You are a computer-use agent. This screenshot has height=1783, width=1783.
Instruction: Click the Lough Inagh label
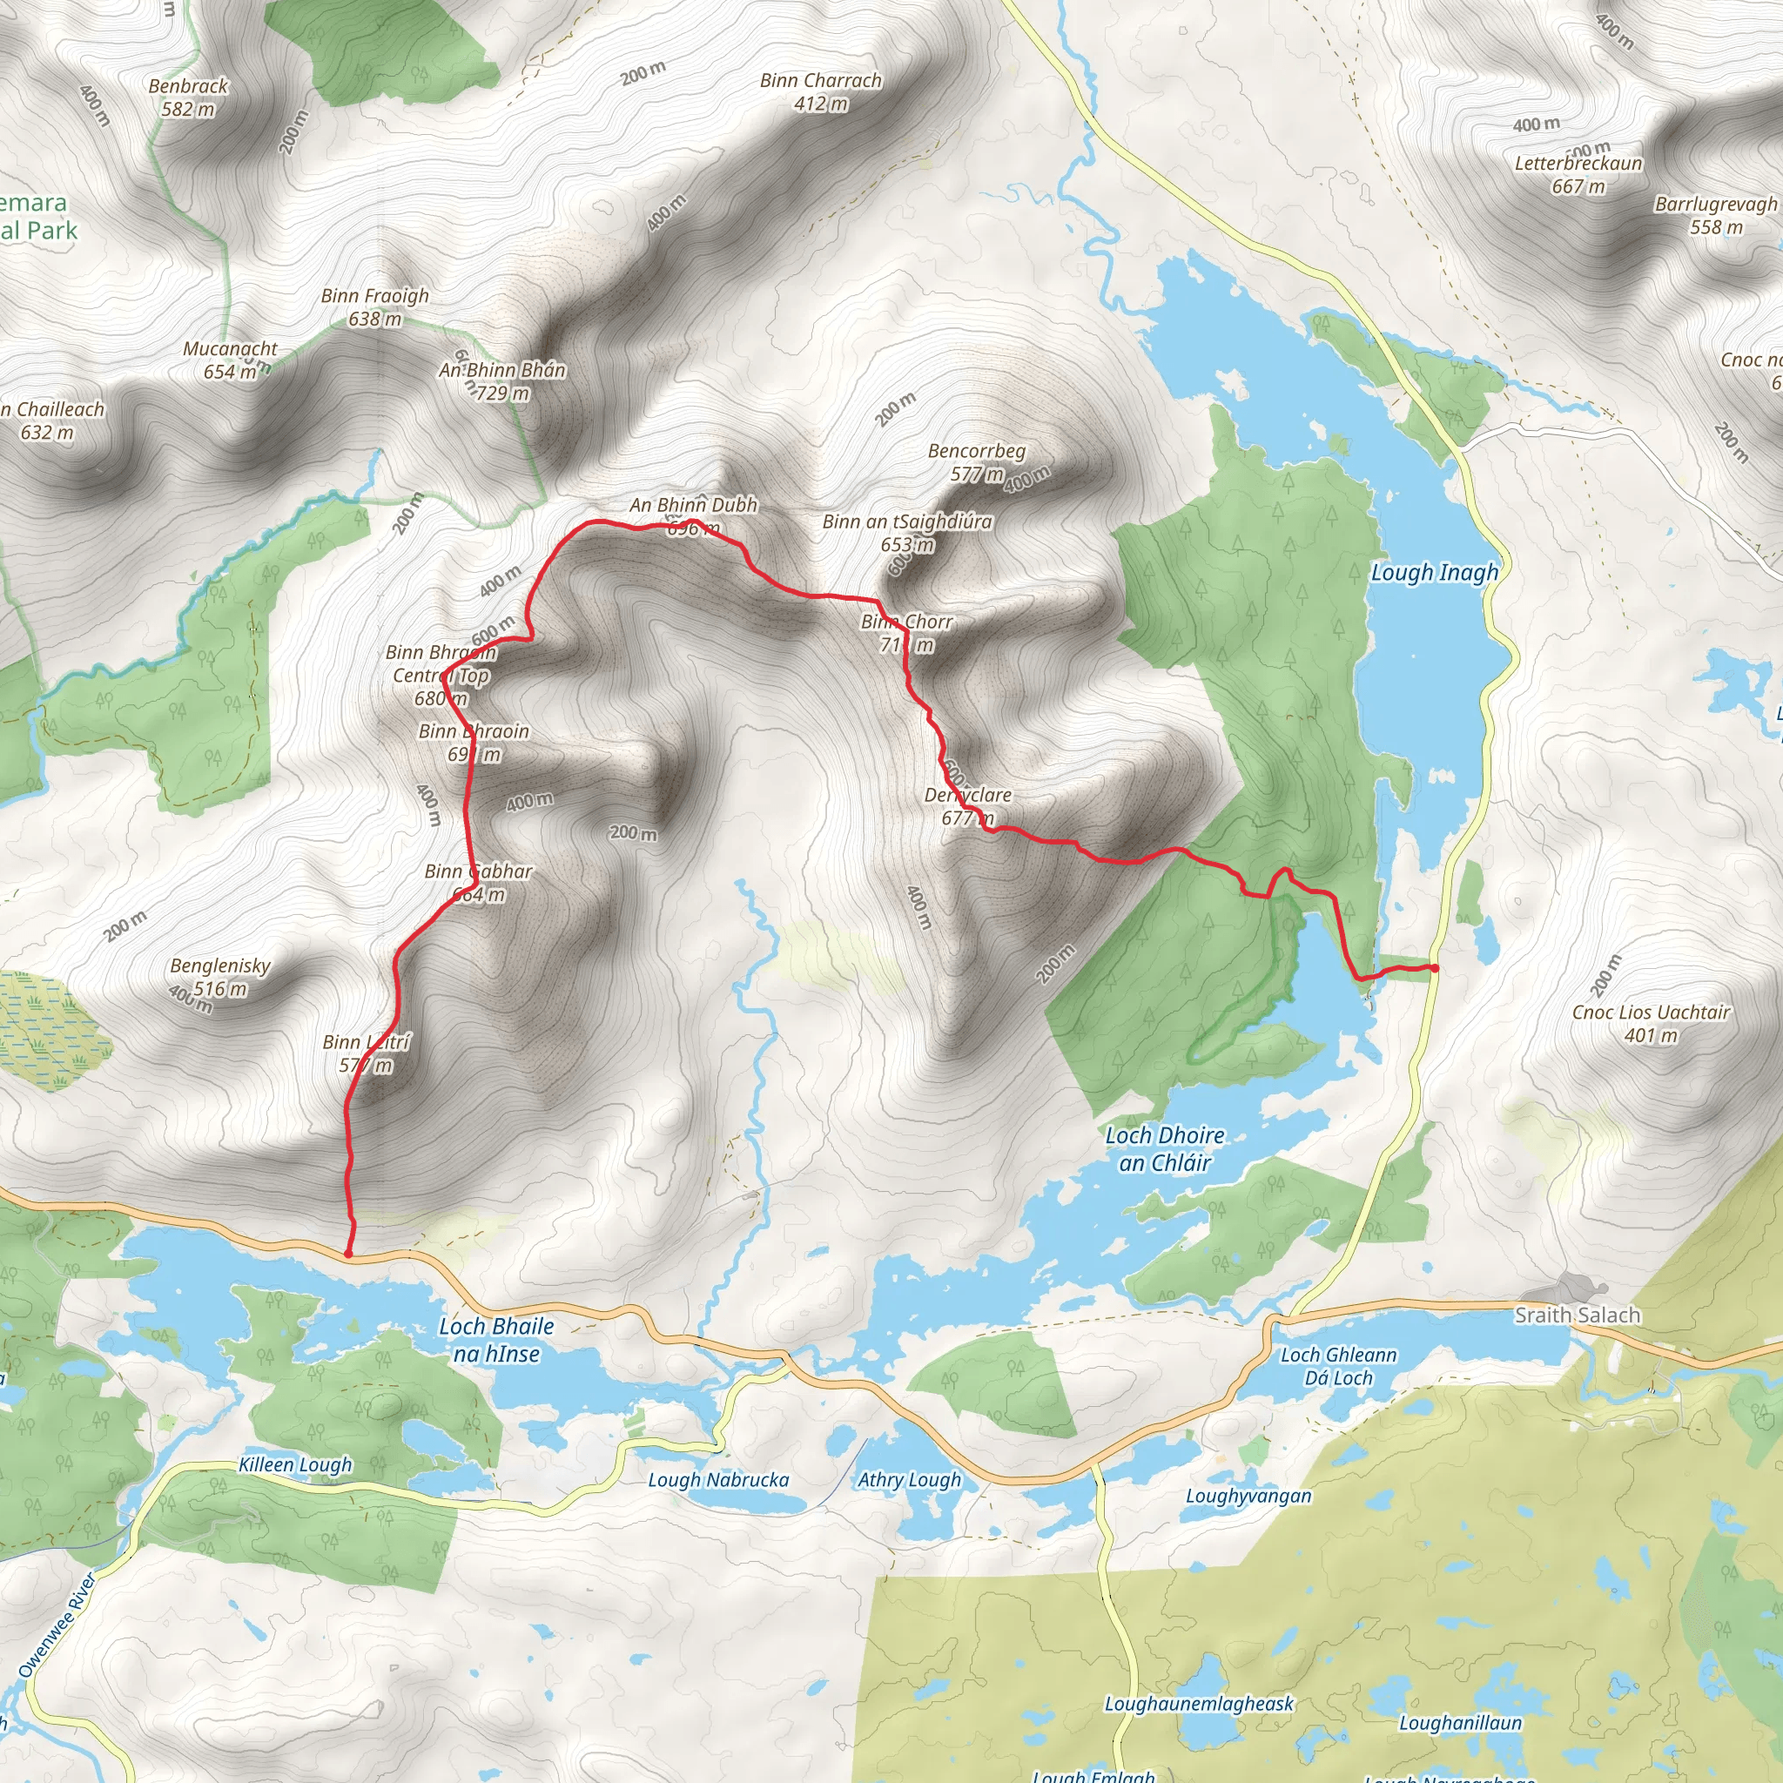(x=1434, y=573)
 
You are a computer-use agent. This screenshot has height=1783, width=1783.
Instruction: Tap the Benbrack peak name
(x=188, y=87)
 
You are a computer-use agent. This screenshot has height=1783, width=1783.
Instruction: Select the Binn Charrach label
(x=820, y=81)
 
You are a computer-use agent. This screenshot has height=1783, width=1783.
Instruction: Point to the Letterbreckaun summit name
(x=1578, y=165)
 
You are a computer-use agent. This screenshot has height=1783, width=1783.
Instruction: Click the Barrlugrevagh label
(x=1716, y=205)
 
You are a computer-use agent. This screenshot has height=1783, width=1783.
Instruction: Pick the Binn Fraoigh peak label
(x=374, y=296)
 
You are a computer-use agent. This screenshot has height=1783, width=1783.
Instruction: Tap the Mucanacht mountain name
(x=230, y=349)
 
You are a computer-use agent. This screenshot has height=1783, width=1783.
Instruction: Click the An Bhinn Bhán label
(x=502, y=371)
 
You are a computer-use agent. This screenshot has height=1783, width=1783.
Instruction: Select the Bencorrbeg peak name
(x=977, y=451)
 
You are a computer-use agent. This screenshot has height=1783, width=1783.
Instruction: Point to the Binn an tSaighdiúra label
(x=907, y=522)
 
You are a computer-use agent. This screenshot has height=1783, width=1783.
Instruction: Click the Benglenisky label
(x=219, y=966)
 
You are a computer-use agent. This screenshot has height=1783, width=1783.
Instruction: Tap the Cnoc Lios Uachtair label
(x=1650, y=1013)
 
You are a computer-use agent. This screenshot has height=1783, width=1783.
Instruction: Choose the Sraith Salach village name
(x=1578, y=1315)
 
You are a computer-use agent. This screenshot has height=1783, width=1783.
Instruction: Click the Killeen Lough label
(x=295, y=1464)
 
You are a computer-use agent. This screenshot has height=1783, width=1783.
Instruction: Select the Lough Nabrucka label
(x=718, y=1480)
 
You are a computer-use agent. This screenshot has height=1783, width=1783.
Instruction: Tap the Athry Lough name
(x=909, y=1480)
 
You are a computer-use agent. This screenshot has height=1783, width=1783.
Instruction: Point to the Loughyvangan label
(x=1248, y=1496)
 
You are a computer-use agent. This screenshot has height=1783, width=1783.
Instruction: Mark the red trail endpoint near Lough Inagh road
(x=1434, y=968)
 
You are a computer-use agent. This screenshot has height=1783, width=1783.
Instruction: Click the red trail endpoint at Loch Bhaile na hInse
(x=348, y=1255)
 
